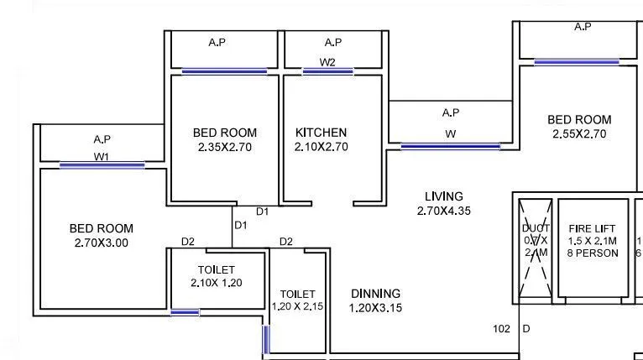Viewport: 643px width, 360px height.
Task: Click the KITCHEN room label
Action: tap(321, 133)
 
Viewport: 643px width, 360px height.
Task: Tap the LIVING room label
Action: tap(444, 196)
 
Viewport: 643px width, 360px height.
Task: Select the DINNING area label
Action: tap(375, 294)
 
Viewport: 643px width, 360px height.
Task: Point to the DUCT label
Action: tap(536, 228)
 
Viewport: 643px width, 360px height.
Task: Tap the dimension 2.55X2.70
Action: tap(579, 133)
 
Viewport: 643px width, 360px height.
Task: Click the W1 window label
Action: tap(102, 156)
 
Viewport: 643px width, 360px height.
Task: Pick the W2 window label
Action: tap(327, 62)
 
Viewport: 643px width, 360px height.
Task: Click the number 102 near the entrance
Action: tap(502, 329)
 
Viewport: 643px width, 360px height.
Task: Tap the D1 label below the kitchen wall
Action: tap(263, 211)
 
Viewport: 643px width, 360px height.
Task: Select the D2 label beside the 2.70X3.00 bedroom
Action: tap(188, 242)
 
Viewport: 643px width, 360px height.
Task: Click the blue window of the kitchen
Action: tap(327, 71)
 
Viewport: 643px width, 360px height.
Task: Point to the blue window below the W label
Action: tap(450, 146)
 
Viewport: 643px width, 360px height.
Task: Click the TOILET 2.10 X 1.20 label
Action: tap(217, 276)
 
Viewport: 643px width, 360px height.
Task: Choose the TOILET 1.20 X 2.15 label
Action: tap(298, 300)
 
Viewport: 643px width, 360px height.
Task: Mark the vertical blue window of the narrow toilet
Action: tap(267, 340)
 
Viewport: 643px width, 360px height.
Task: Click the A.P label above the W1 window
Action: tap(102, 139)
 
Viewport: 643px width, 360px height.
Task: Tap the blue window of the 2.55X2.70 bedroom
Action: tap(576, 61)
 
